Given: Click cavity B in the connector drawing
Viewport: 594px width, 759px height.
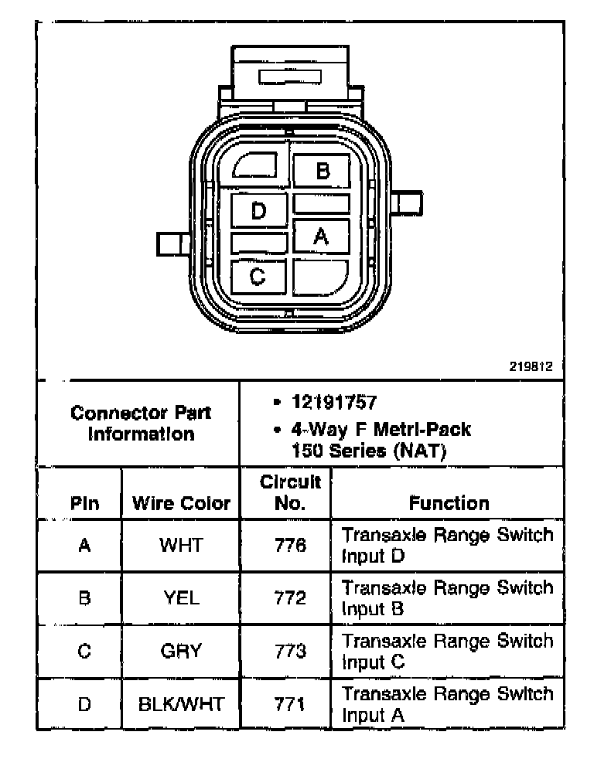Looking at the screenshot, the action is pyautogui.click(x=322, y=171).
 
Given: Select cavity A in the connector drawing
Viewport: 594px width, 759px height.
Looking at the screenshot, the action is pyautogui.click(x=321, y=237).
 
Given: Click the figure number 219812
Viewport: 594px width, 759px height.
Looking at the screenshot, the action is pyautogui.click(x=531, y=367).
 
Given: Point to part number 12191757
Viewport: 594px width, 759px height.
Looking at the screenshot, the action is pyautogui.click(x=333, y=403).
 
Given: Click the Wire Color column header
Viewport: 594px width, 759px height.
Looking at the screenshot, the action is pyautogui.click(x=181, y=504).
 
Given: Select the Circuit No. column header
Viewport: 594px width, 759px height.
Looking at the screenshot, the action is pyautogui.click(x=289, y=493).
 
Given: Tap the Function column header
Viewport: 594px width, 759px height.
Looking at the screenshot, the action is pyautogui.click(x=449, y=504).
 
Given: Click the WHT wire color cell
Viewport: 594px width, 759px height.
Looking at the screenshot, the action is pyautogui.click(x=181, y=546).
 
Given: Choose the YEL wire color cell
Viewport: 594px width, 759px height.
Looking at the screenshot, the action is pyautogui.click(x=181, y=597).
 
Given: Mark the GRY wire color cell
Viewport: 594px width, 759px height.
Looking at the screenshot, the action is pyautogui.click(x=181, y=651).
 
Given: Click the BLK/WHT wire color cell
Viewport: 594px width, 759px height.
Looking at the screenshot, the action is pyautogui.click(x=181, y=704).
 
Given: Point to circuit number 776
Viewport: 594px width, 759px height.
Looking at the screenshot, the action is pyautogui.click(x=290, y=546).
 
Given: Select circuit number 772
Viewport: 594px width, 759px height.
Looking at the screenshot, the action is pyautogui.click(x=290, y=597).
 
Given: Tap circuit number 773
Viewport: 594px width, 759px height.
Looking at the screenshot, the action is pyautogui.click(x=290, y=651).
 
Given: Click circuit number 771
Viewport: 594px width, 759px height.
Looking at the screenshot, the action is pyautogui.click(x=290, y=704).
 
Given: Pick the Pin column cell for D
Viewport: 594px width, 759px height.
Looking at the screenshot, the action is pyautogui.click(x=84, y=704).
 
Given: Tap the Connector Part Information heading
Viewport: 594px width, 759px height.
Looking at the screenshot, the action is pyautogui.click(x=140, y=423).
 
